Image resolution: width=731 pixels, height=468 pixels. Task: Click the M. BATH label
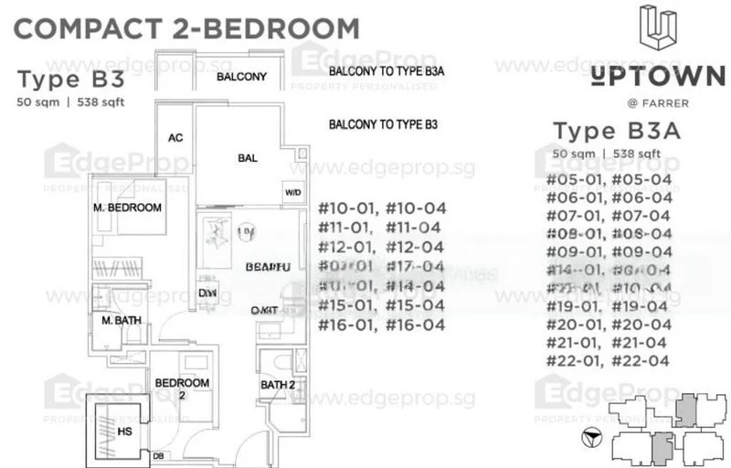(x=120, y=321)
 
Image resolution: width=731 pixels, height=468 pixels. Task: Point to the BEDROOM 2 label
(x=182, y=388)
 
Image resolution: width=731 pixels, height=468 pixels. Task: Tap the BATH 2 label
(x=278, y=385)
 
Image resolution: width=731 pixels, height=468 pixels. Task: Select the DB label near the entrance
(x=158, y=456)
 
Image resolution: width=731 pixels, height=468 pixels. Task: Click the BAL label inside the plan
(x=248, y=158)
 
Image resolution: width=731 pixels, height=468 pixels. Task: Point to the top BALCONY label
(x=241, y=77)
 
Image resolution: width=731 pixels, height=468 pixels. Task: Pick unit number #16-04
(x=415, y=324)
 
